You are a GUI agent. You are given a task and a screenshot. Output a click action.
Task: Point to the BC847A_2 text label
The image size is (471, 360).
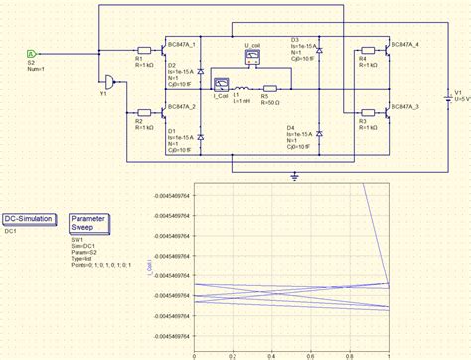click(186, 105)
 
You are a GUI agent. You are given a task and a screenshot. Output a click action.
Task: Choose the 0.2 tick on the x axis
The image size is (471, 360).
click(233, 354)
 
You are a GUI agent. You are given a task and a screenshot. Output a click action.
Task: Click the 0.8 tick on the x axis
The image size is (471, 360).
click(349, 354)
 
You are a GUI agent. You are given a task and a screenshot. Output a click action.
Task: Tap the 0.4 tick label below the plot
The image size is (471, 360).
click(271, 354)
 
